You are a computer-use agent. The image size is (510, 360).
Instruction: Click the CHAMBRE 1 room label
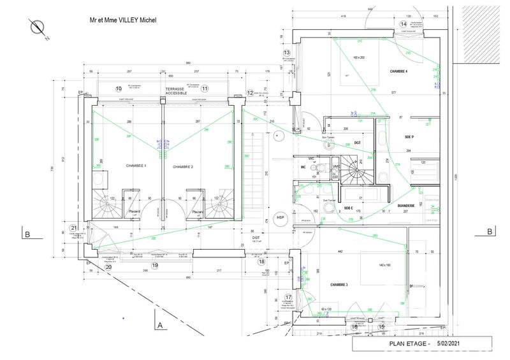click(136, 165)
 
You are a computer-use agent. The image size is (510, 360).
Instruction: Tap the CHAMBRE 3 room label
click(339, 285)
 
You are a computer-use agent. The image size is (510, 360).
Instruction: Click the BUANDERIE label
click(405, 205)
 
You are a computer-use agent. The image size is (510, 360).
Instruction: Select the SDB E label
click(348, 208)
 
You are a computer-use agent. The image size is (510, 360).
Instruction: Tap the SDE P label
click(409, 137)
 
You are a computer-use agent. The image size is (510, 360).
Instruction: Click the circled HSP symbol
click(279, 218)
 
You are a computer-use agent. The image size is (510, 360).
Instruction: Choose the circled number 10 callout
click(118, 88)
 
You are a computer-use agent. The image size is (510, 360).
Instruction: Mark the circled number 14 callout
click(403, 24)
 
